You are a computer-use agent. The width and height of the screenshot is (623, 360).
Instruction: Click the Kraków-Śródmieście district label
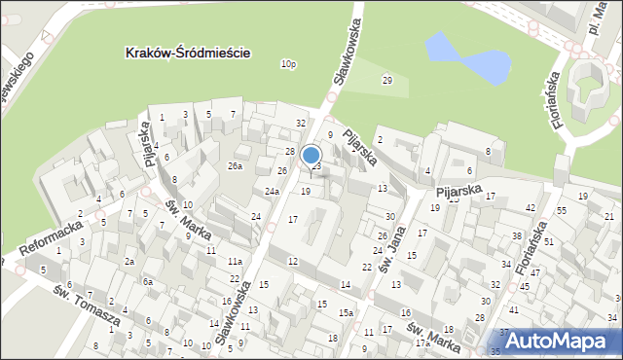(189, 53)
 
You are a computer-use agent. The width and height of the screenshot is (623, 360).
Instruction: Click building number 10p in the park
(287, 64)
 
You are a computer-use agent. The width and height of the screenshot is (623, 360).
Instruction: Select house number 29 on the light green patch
(387, 80)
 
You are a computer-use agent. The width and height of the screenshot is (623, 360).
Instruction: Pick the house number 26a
(235, 166)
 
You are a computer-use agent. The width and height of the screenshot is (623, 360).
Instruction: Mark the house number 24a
(272, 192)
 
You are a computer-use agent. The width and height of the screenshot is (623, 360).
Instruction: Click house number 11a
(235, 262)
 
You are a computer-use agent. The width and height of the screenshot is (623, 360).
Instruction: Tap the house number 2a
(128, 262)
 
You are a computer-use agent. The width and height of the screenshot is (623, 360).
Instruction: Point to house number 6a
(148, 282)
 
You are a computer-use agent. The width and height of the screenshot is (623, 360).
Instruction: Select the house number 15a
(346, 312)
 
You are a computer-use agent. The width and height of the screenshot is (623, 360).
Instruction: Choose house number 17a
(421, 342)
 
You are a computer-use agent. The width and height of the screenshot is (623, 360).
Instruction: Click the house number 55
(562, 211)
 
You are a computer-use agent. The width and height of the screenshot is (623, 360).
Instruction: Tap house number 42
(531, 208)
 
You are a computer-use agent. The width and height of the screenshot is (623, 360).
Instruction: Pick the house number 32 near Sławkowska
(301, 123)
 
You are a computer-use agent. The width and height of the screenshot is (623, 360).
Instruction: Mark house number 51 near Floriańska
(549, 241)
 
